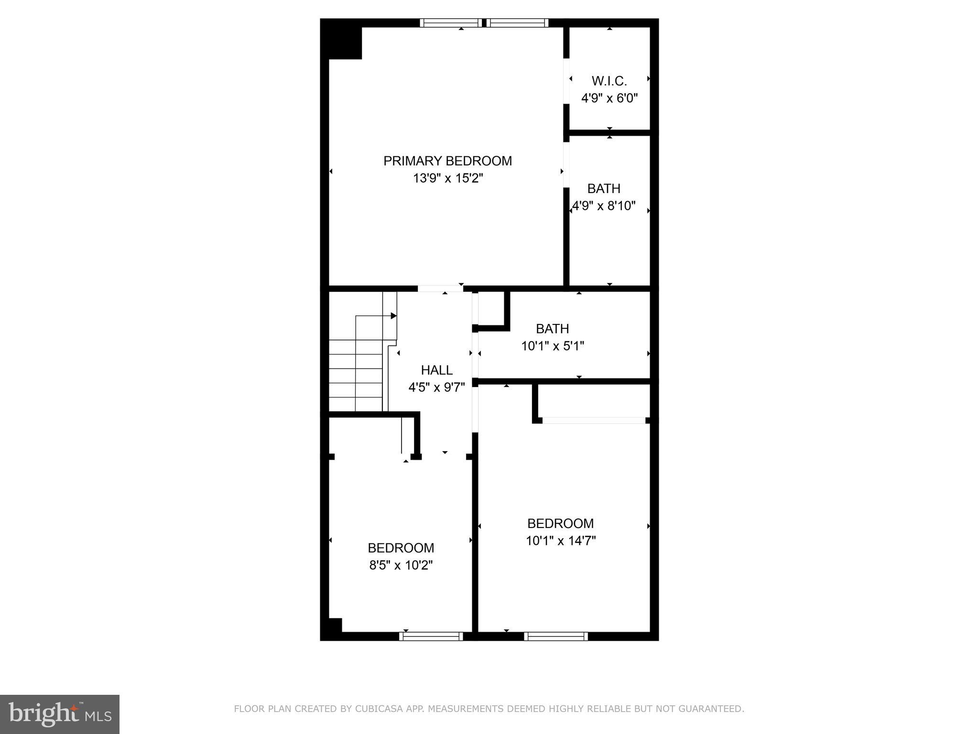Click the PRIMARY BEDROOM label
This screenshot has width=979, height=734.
447,161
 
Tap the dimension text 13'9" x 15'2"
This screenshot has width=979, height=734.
448,179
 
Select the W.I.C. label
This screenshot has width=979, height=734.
609,81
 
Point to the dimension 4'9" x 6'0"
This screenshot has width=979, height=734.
609,98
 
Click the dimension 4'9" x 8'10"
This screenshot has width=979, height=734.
604,206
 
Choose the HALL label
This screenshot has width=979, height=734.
436,370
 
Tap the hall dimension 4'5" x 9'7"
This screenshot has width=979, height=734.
436,388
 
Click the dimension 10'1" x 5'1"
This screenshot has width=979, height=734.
553,346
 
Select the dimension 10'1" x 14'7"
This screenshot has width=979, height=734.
561,541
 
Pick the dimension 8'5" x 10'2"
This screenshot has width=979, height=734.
401,565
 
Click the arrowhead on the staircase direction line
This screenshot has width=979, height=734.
394,316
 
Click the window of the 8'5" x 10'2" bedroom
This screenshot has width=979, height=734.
431,636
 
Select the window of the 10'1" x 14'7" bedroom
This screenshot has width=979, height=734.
555,636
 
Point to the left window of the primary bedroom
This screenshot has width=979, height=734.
451,22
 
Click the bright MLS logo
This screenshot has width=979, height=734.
60,714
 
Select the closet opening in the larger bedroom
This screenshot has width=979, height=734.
593,421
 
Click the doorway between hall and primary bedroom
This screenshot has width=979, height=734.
440,289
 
